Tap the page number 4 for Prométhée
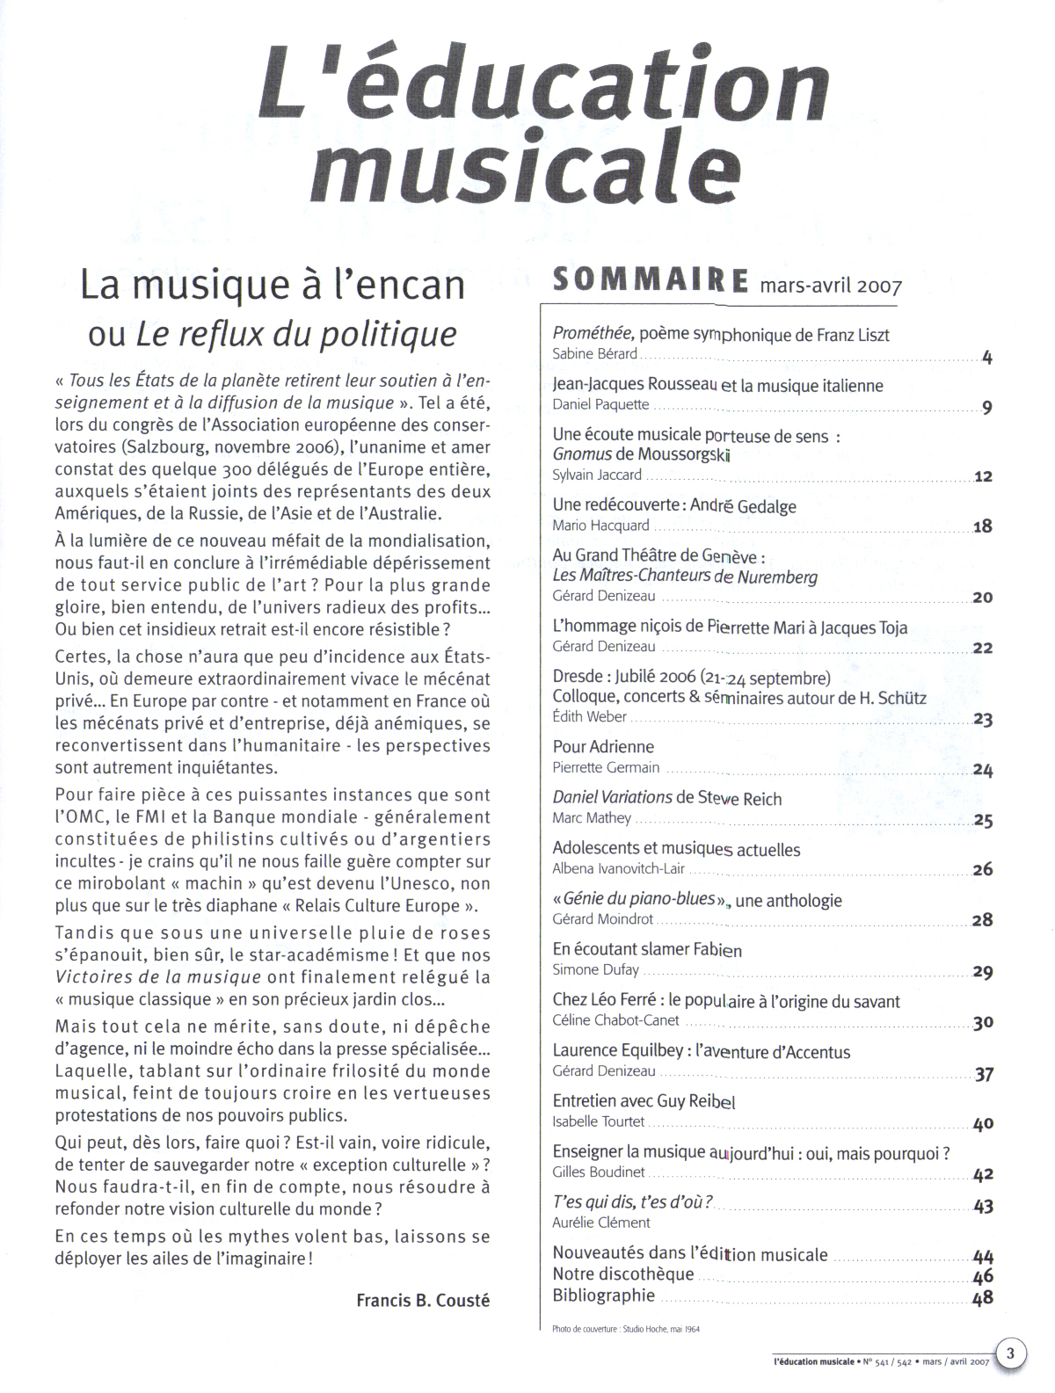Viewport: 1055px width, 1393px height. (986, 357)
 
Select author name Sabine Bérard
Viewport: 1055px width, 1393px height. (594, 354)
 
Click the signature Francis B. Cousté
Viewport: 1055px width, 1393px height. (423, 1300)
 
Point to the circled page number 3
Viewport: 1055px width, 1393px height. (1010, 1353)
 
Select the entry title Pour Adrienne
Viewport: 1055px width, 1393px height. (603, 747)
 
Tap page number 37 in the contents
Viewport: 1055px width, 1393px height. (984, 1074)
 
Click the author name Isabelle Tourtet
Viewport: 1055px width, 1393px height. (598, 1121)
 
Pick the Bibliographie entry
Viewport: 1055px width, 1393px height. (604, 1295)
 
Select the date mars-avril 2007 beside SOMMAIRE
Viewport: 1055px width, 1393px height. (831, 286)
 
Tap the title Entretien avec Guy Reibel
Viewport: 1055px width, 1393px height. (644, 1102)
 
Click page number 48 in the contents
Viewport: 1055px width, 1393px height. (983, 1297)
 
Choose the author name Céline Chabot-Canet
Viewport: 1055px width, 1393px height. (615, 1020)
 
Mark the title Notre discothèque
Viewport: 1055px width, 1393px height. (623, 1274)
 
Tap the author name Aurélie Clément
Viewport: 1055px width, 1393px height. (601, 1223)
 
